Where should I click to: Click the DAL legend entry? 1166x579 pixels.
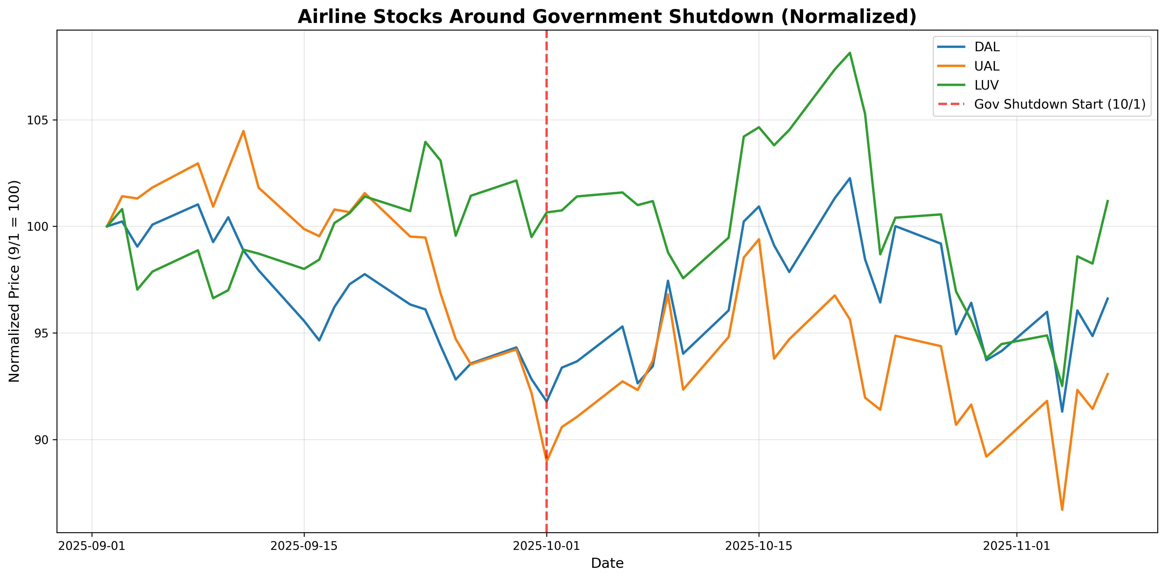tap(987, 47)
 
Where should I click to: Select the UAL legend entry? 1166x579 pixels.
tap(987, 66)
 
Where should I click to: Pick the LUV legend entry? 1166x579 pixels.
tap(986, 85)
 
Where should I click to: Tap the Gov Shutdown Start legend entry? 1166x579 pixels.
tap(1059, 104)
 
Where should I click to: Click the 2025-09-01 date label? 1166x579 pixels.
tap(92, 546)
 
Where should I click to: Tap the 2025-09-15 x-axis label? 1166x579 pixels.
tap(304, 546)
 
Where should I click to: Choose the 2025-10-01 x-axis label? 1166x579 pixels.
tap(546, 546)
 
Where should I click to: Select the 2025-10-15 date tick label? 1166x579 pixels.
tap(759, 546)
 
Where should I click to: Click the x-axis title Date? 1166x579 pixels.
tap(607, 563)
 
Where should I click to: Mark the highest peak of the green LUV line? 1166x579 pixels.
tap(850, 53)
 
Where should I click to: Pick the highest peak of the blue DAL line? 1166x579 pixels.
tap(850, 178)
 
